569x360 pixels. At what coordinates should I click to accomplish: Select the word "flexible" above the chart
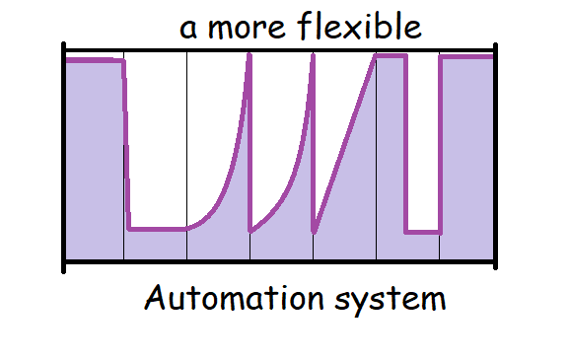pyautogui.click(x=359, y=26)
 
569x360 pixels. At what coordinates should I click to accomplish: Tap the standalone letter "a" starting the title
pyautogui.click(x=188, y=29)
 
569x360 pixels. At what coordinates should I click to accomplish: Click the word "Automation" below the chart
pyautogui.click(x=234, y=298)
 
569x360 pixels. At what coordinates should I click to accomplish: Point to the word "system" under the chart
pyautogui.click(x=391, y=301)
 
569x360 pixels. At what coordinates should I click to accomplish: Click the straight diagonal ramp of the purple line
pyautogui.click(x=345, y=143)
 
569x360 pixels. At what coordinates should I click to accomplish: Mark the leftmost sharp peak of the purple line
pyautogui.click(x=249, y=55)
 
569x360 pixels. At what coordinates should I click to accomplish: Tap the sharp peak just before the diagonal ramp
pyautogui.click(x=313, y=55)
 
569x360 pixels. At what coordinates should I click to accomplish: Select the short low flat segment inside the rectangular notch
pyautogui.click(x=423, y=232)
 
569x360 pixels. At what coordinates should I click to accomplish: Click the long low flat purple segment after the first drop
pyautogui.click(x=157, y=229)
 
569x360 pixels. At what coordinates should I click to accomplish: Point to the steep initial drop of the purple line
pyautogui.click(x=126, y=145)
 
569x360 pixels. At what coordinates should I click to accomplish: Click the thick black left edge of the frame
pyautogui.click(x=64, y=158)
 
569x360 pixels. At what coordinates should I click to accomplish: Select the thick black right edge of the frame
pyautogui.click(x=495, y=157)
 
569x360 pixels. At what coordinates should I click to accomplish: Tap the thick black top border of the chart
pyautogui.click(x=279, y=50)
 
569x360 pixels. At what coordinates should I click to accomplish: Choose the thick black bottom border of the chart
pyautogui.click(x=279, y=261)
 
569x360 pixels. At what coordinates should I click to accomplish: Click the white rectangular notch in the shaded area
pyautogui.click(x=423, y=143)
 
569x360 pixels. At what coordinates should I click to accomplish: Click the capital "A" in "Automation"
pyautogui.click(x=154, y=298)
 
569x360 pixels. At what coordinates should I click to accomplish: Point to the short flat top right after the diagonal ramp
pyautogui.click(x=391, y=56)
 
